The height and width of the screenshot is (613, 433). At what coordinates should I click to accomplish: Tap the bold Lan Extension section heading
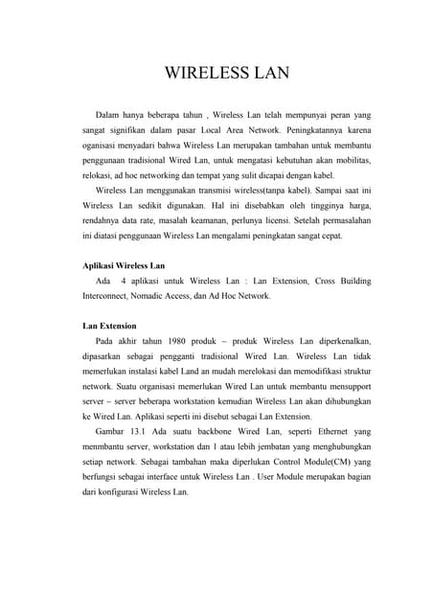[x=110, y=326]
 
